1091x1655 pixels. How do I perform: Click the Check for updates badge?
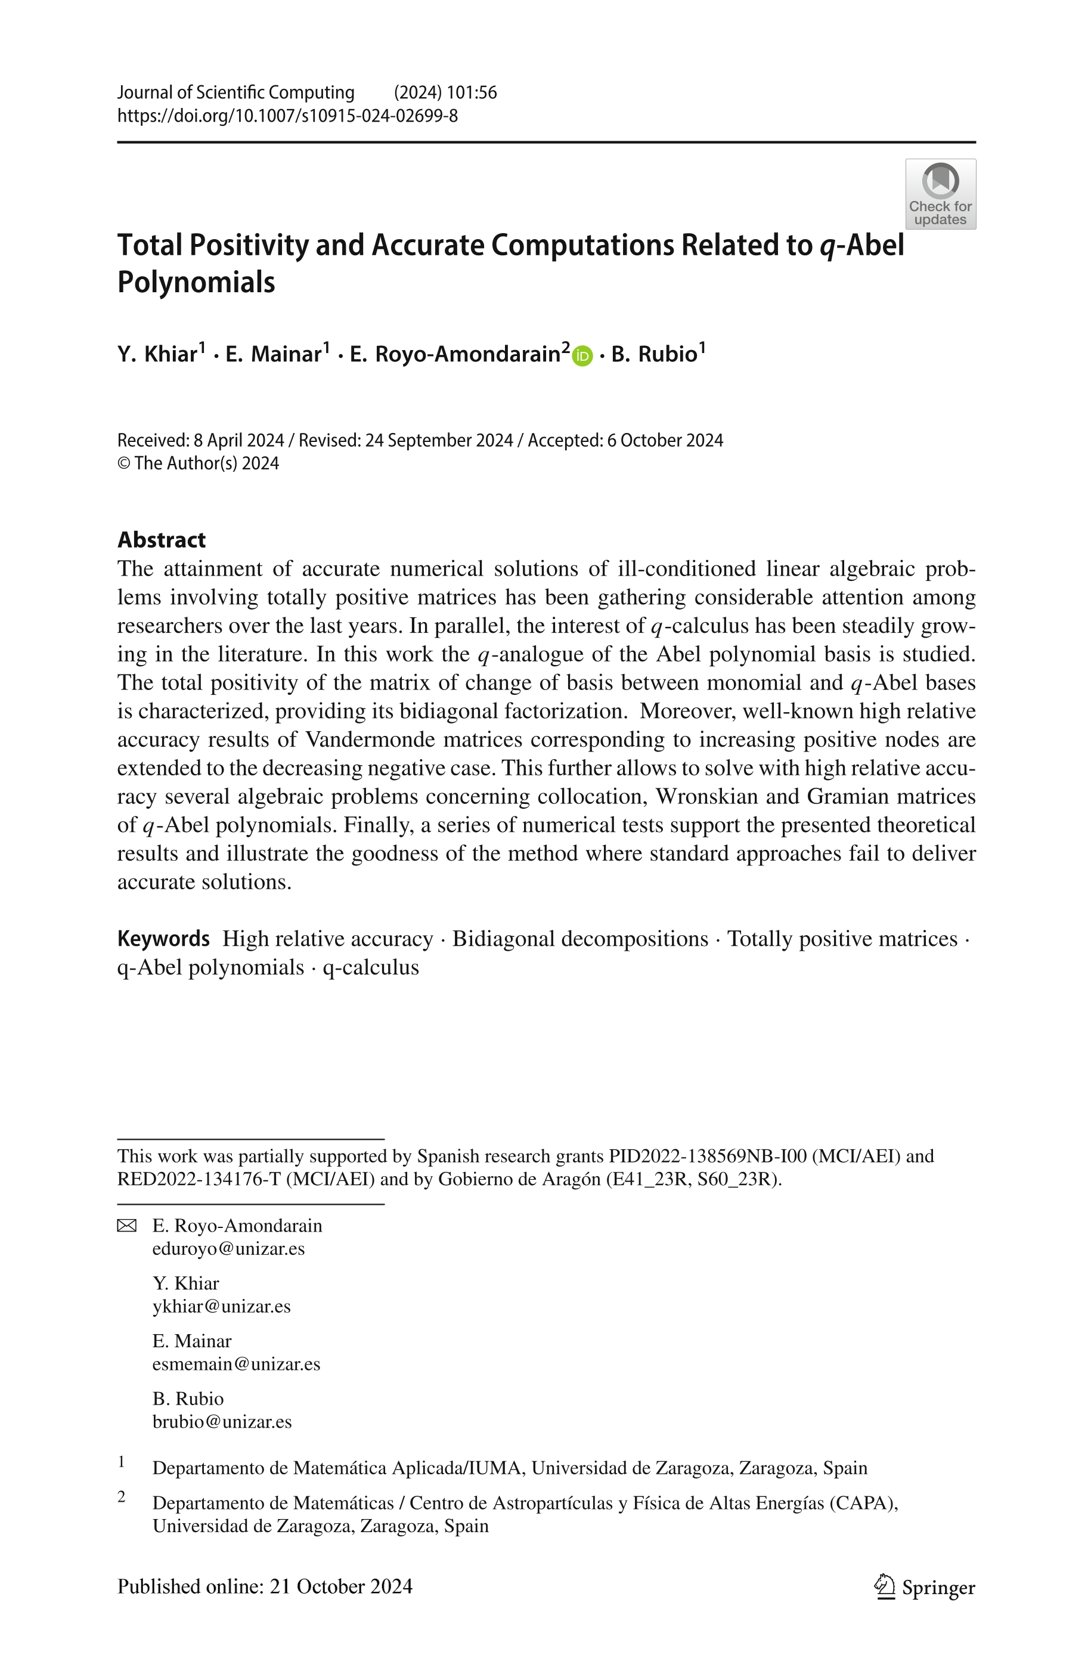[940, 194]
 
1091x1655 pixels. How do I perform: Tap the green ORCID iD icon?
[582, 356]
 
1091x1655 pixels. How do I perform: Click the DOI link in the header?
[287, 116]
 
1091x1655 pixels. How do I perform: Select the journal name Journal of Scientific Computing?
[236, 92]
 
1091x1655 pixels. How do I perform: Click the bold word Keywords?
[163, 938]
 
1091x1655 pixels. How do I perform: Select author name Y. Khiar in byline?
[157, 354]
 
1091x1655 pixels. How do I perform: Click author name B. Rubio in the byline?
[654, 354]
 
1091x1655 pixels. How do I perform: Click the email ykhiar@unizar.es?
[221, 1306]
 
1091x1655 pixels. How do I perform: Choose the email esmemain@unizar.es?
[236, 1363]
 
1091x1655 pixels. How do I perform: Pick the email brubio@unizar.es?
[222, 1421]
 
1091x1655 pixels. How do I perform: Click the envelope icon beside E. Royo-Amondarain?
[126, 1226]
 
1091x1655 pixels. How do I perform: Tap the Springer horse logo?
[884, 1587]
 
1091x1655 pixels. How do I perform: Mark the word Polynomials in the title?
[196, 282]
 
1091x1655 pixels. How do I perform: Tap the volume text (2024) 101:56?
[445, 92]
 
